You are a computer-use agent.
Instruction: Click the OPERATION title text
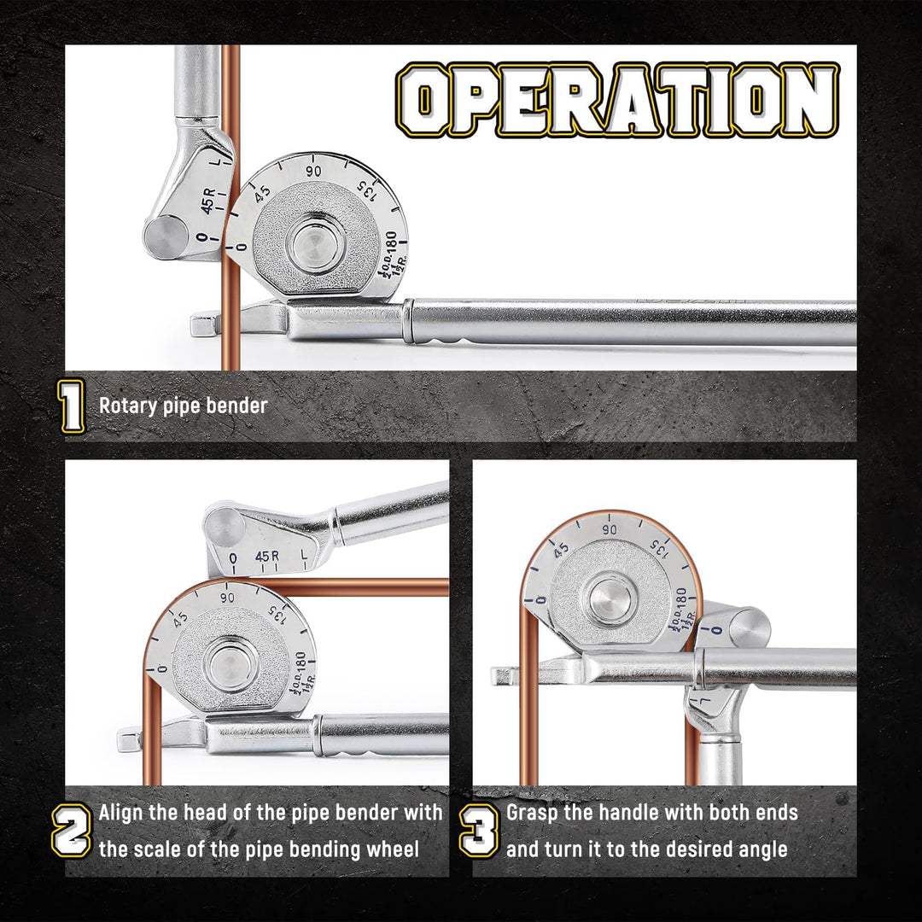click(x=617, y=99)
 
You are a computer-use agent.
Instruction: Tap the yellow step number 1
click(x=72, y=406)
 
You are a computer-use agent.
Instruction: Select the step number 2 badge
click(x=72, y=831)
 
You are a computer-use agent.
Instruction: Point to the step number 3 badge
click(x=479, y=831)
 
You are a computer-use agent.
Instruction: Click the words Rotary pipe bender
click(x=183, y=406)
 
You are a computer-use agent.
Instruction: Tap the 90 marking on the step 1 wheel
click(x=313, y=171)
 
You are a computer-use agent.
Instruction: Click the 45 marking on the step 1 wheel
click(x=262, y=193)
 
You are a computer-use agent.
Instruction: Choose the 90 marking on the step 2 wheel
click(x=228, y=598)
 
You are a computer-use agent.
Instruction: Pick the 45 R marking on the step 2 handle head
click(x=267, y=557)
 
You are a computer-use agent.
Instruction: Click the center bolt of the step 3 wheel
click(x=610, y=600)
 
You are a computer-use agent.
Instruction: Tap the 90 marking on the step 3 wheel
click(x=610, y=530)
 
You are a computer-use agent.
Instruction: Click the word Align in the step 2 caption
click(x=121, y=814)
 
